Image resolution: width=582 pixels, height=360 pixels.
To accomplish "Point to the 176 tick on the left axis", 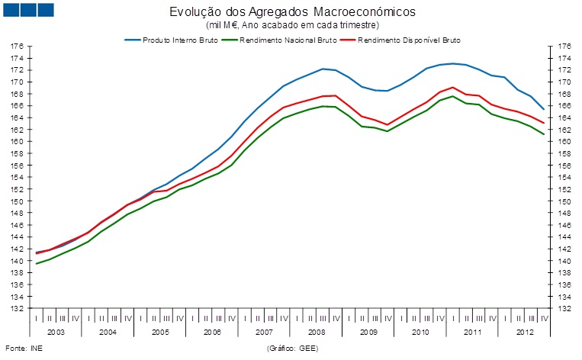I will (16, 47).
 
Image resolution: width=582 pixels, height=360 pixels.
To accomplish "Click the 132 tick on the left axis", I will (16, 309).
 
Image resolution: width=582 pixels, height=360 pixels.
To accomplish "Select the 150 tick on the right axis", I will (564, 201).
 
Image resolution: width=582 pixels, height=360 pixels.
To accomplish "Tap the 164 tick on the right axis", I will (564, 118).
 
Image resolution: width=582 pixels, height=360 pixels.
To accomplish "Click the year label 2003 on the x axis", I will (55, 333).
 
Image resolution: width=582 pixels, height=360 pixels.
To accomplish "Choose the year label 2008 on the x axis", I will (315, 333).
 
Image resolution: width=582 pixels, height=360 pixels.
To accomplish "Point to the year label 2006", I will (211, 333).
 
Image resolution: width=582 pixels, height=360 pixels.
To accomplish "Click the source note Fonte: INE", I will (23, 349).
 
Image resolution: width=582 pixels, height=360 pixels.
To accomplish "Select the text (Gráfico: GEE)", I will (292, 349).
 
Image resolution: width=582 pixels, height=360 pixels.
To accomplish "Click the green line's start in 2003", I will (37, 264).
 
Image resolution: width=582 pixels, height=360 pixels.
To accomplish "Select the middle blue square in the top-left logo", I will (28, 9).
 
